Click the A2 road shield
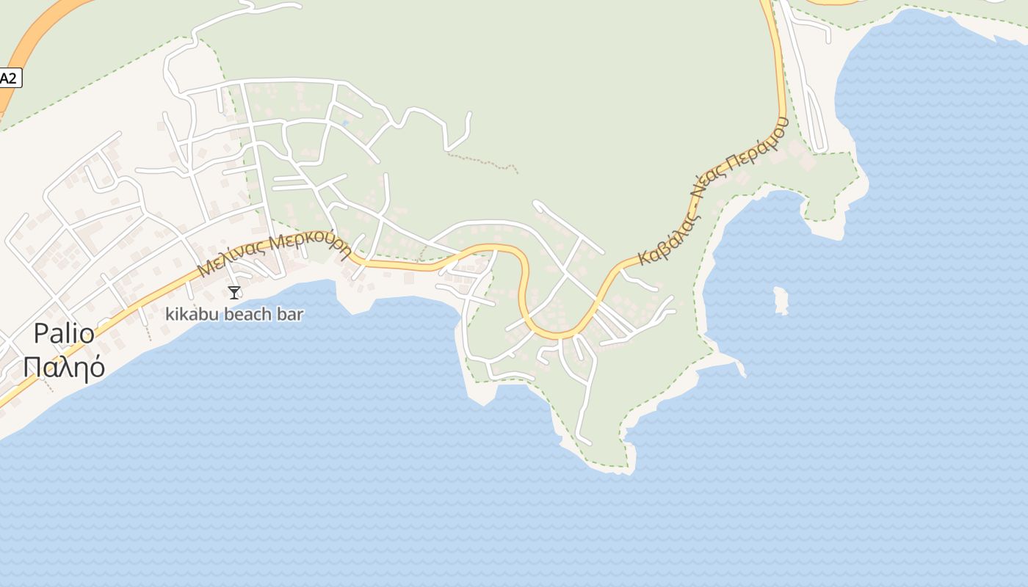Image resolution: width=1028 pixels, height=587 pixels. pos(8,79)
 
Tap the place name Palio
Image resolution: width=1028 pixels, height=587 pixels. pos(64,334)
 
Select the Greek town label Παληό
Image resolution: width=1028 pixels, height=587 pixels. pos(64,366)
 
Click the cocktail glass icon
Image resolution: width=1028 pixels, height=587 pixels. pos(234,293)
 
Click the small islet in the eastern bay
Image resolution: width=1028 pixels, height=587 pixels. pos(781,300)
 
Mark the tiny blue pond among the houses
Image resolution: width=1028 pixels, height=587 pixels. pos(344,123)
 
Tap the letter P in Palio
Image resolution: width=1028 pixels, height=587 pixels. pos(42,334)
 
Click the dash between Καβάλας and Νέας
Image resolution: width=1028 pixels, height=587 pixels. pos(693,208)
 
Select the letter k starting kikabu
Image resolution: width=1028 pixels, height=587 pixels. pos(170,315)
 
